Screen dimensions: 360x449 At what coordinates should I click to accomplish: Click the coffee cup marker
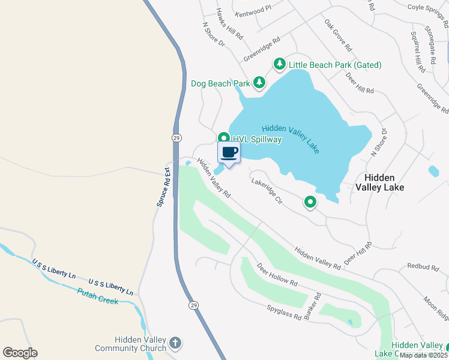[x=229, y=152]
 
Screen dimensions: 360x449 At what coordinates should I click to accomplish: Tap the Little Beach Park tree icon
[x=279, y=64]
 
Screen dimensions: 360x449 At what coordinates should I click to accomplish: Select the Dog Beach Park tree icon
[x=259, y=82]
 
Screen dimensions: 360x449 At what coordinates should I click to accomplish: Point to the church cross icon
[x=175, y=343]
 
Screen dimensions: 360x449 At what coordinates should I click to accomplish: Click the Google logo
[x=20, y=353]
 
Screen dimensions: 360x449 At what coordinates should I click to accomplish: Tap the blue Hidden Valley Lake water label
[x=291, y=139]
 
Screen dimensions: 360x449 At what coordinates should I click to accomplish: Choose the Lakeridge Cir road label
[x=267, y=191]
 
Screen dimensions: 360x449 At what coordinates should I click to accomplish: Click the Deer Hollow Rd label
[x=277, y=274]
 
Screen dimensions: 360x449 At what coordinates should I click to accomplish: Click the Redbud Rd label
[x=424, y=265]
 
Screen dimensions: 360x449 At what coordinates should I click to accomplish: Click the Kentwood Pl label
[x=254, y=12]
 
